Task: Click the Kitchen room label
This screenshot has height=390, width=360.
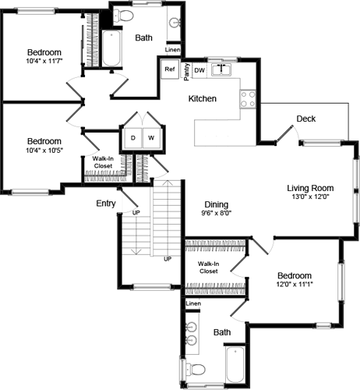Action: click(x=203, y=99)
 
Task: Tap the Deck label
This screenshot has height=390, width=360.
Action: click(x=305, y=119)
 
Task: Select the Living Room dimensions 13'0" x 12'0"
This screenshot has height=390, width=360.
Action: click(x=310, y=198)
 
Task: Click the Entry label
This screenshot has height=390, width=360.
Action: click(x=106, y=203)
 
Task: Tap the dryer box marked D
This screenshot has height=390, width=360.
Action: click(x=132, y=138)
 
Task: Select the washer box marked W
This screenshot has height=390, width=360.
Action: click(x=151, y=138)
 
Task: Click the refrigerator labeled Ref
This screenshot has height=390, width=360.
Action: click(x=170, y=69)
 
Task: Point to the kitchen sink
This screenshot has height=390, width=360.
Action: click(x=223, y=69)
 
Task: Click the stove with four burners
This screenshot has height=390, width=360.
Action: click(x=248, y=98)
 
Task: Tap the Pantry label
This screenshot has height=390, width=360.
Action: click(x=187, y=71)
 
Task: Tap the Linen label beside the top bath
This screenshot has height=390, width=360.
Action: click(x=173, y=51)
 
